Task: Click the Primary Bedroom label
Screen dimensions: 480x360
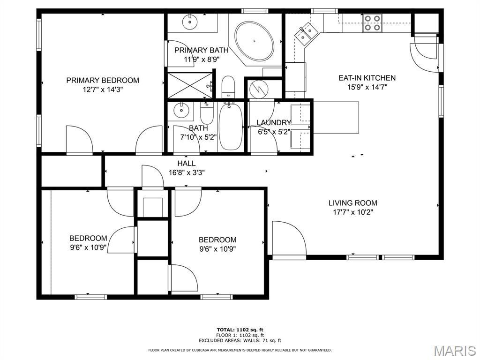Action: [103, 81]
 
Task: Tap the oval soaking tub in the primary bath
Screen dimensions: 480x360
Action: [254, 41]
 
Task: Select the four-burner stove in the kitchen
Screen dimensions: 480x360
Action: [372, 23]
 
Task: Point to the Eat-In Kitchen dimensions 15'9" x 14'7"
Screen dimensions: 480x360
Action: [367, 87]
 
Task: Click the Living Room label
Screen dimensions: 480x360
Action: [352, 203]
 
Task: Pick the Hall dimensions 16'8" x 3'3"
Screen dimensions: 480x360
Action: [187, 172]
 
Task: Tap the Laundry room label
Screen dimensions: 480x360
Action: [273, 123]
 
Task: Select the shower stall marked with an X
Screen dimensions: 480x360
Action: [190, 85]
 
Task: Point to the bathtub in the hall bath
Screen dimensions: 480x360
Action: [231, 127]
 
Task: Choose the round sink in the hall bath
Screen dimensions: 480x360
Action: [181, 110]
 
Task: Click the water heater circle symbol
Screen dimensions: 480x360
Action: [259, 89]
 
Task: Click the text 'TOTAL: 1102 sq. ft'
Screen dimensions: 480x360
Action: [240, 330]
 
